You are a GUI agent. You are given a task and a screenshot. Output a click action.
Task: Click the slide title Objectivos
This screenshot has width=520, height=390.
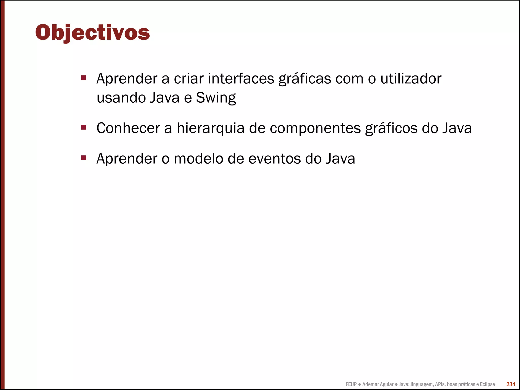[92, 33]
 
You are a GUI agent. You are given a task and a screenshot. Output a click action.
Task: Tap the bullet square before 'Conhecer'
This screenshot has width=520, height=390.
[84, 127]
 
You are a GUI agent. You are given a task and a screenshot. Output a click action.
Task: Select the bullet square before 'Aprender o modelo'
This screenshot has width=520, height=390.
[84, 158]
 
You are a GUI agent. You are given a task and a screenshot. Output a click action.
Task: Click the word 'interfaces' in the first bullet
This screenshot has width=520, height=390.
[241, 79]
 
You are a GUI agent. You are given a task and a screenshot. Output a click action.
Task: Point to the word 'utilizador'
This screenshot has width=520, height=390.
[411, 79]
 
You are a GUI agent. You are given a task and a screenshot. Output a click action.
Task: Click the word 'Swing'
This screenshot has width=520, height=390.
[216, 98]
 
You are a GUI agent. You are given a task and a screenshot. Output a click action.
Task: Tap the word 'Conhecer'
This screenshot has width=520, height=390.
[128, 128]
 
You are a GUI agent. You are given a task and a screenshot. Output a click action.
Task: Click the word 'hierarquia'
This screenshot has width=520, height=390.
[210, 128]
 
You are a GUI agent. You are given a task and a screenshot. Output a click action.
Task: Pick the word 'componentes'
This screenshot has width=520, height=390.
[315, 129]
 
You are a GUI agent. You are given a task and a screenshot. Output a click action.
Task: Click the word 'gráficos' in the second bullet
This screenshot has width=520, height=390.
[391, 129]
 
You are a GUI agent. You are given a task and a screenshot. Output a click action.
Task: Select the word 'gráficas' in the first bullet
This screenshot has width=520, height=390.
[305, 79]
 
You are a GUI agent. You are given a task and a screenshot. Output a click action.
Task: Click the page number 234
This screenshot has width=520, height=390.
[511, 384]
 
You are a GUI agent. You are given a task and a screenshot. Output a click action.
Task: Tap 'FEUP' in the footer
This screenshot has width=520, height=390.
[351, 384]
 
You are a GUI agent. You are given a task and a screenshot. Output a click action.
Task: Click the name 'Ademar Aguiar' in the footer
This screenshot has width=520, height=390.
[378, 384]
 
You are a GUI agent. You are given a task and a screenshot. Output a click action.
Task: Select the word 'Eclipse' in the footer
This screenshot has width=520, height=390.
[487, 384]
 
